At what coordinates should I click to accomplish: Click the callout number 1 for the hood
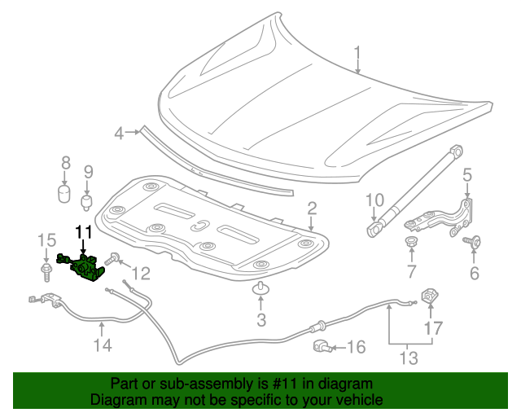pyautogui.click(x=357, y=56)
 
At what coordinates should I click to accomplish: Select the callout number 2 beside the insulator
pyautogui.click(x=311, y=211)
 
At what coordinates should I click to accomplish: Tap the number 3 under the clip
pyautogui.click(x=260, y=320)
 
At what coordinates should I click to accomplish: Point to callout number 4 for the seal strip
pyautogui.click(x=119, y=133)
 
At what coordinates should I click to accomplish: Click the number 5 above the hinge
pyautogui.click(x=467, y=174)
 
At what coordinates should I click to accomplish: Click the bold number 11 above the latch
pyautogui.click(x=85, y=232)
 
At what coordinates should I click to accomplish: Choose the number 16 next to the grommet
pyautogui.click(x=355, y=348)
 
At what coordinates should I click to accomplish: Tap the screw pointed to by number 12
pyautogui.click(x=114, y=259)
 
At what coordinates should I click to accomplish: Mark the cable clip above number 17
pyautogui.click(x=428, y=298)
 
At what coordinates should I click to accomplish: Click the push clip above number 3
pyautogui.click(x=260, y=288)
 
